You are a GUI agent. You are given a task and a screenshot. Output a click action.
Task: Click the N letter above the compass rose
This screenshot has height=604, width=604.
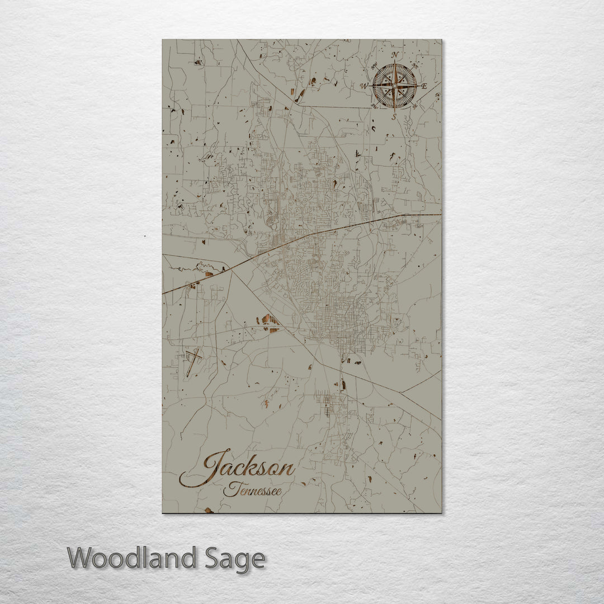(x=395, y=55)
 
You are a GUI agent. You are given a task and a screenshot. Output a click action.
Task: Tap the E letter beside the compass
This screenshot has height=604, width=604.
(x=424, y=86)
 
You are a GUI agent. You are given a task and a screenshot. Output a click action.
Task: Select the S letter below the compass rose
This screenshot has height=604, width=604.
(x=394, y=117)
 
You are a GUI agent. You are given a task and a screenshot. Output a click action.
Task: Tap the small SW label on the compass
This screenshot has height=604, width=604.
(x=374, y=107)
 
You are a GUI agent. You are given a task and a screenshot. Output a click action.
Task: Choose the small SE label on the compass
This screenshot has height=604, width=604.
(x=416, y=107)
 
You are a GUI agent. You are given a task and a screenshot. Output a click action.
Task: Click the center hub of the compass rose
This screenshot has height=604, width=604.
(x=394, y=86)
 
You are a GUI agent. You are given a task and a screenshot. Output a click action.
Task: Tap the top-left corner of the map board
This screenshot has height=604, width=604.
(x=163, y=40)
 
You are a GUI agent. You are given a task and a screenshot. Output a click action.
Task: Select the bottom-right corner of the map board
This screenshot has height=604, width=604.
(x=441, y=512)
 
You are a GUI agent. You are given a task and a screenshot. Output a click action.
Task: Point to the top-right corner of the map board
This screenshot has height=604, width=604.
(x=441, y=40)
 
